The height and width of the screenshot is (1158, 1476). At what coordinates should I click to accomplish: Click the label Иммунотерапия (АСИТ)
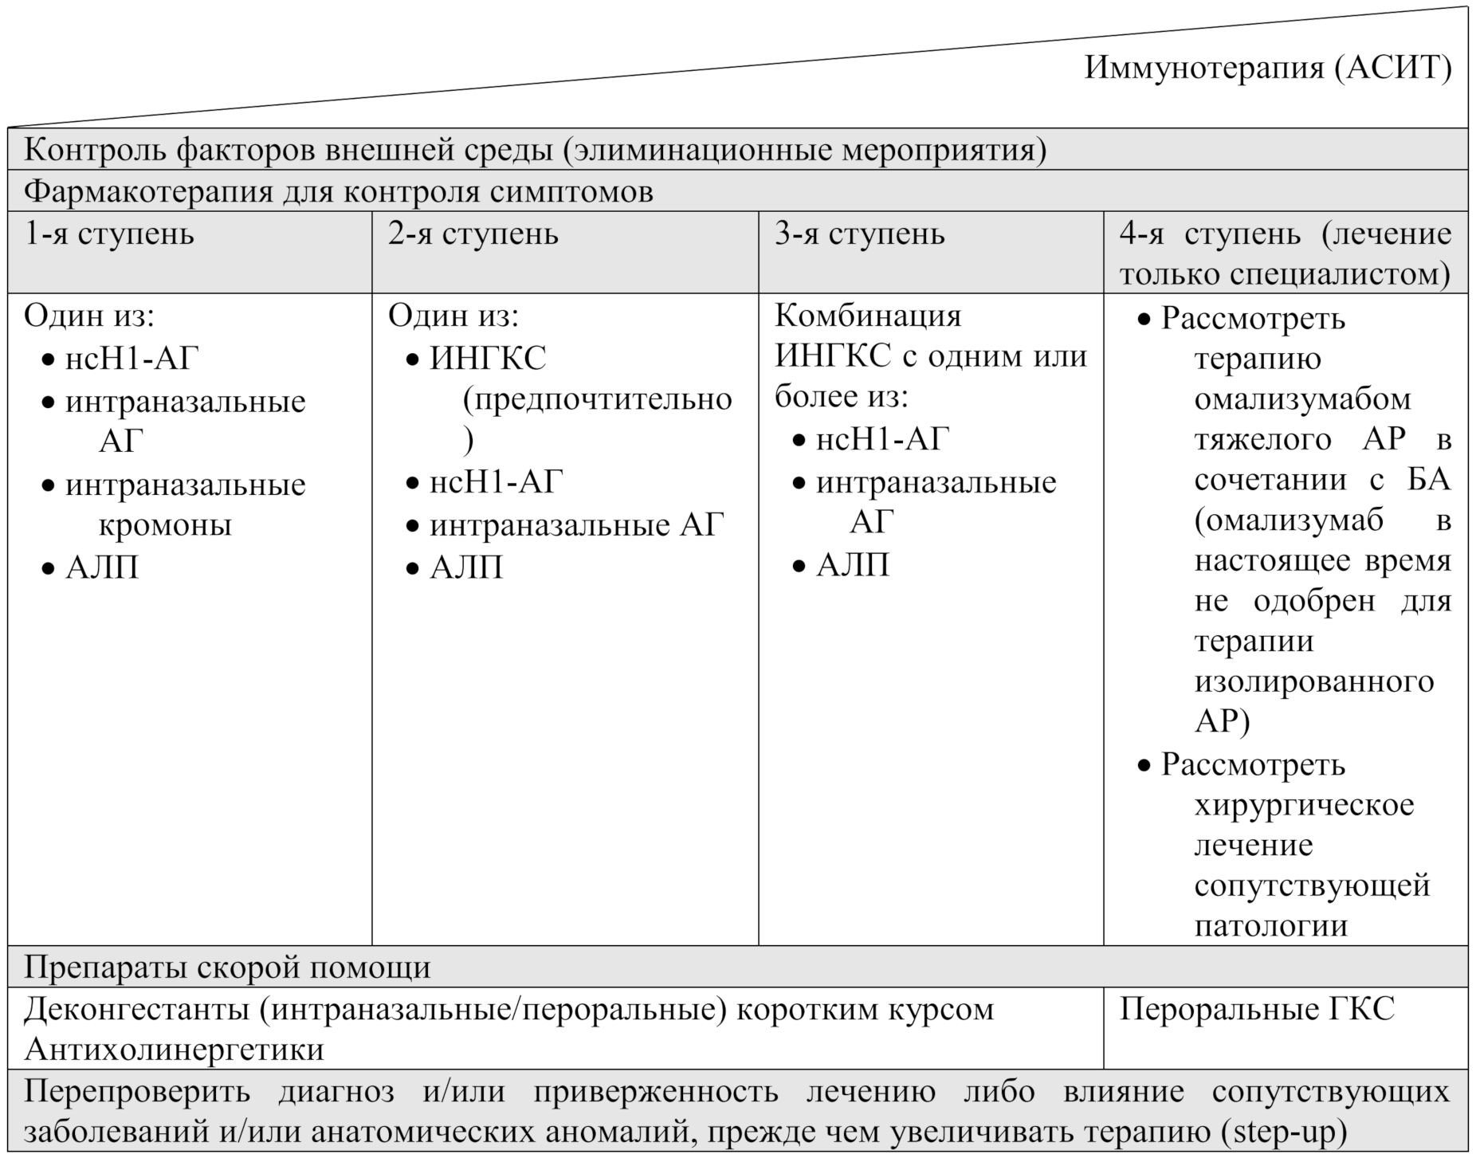[1267, 69]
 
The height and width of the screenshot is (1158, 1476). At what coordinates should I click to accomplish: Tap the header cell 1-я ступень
[109, 234]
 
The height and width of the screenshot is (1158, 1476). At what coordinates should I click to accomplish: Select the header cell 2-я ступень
[473, 234]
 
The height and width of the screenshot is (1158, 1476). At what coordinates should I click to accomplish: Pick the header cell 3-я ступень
[860, 234]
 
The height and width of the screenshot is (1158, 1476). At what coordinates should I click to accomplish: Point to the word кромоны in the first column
[165, 525]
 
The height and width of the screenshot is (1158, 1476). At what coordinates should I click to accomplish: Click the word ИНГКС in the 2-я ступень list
[488, 358]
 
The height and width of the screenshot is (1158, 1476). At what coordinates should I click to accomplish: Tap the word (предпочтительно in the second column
[597, 398]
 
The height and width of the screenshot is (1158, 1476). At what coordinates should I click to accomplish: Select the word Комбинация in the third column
[868, 316]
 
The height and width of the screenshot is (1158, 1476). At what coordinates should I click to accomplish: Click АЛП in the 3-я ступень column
[853, 565]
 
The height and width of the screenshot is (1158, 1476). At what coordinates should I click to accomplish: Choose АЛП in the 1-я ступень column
[102, 567]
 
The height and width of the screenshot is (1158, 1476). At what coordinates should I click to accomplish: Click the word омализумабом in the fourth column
[1302, 398]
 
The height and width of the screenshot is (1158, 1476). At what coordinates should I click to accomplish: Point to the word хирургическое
[1304, 805]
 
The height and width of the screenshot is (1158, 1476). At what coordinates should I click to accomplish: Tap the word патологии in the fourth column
[1270, 926]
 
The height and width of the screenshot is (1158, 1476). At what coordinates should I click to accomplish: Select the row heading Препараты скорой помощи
[227, 968]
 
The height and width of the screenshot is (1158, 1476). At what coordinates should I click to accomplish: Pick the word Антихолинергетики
[175, 1050]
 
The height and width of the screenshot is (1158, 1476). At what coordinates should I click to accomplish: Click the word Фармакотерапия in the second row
[148, 192]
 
